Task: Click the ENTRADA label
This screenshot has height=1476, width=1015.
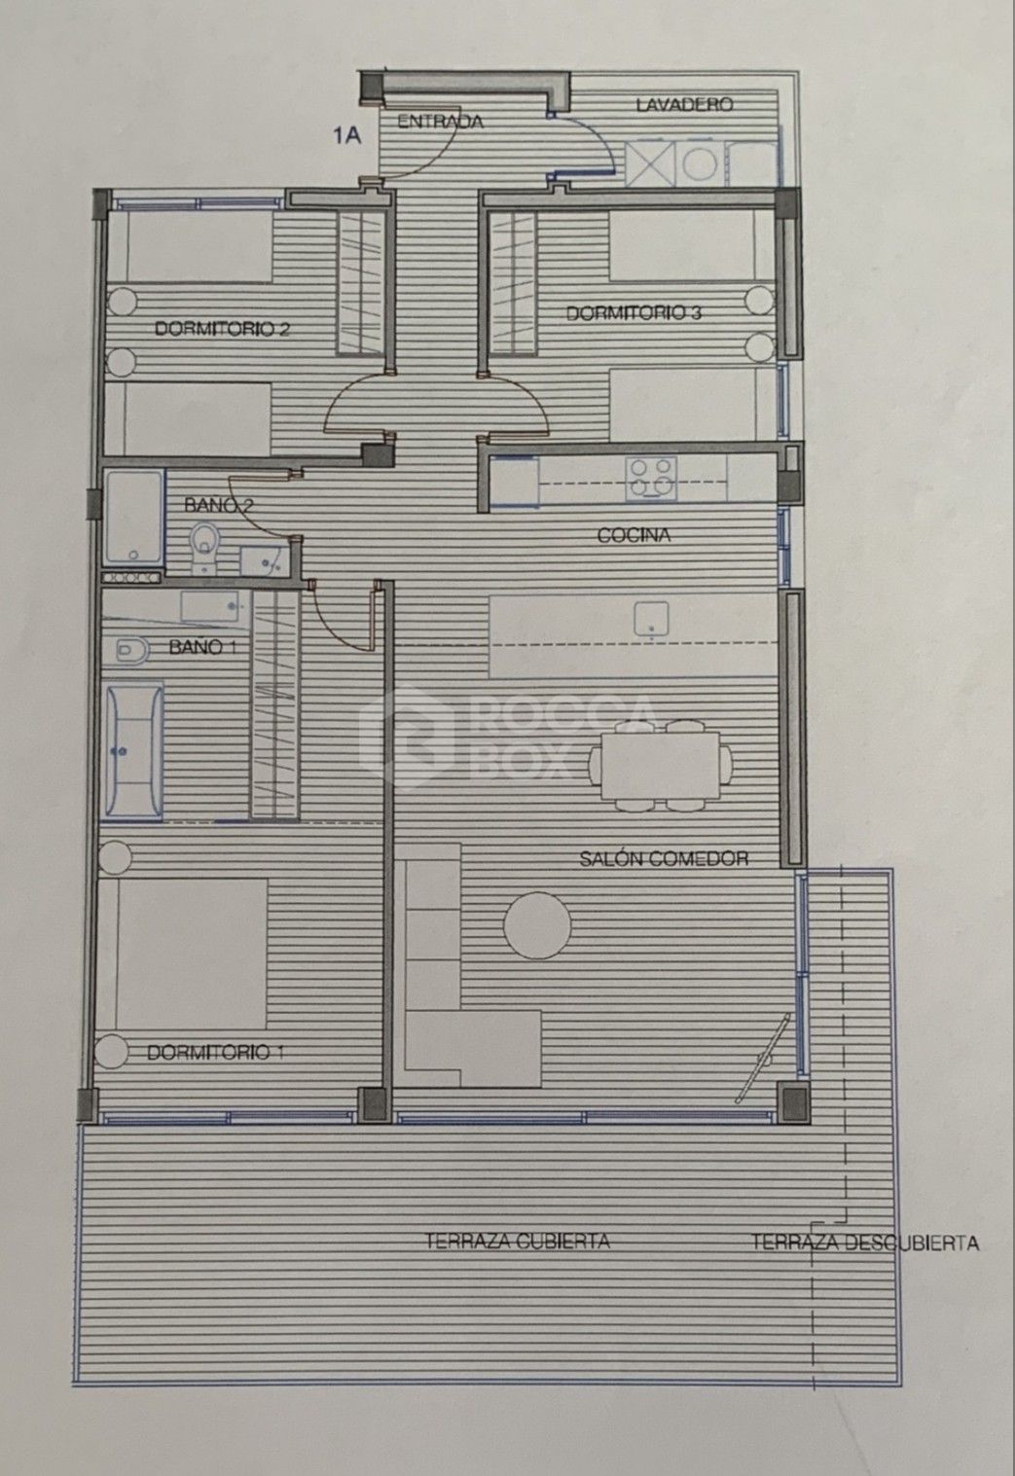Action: pos(440,122)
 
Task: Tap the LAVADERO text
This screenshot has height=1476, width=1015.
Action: pos(685,104)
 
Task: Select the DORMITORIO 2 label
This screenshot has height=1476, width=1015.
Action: pos(222,328)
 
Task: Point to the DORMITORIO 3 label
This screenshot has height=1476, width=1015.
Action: pos(634,313)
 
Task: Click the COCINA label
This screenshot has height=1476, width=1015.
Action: pos(634,535)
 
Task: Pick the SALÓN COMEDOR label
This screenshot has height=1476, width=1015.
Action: pos(664,858)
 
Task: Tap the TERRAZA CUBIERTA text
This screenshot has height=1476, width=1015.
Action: pos(518,1241)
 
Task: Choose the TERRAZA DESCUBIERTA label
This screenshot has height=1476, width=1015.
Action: pos(865,1242)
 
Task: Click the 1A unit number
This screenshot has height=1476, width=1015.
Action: pos(346,136)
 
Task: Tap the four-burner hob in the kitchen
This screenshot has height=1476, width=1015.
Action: pos(652,478)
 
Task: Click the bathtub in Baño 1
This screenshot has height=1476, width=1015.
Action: pos(134,752)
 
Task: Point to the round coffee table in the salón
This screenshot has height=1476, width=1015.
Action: pos(537,924)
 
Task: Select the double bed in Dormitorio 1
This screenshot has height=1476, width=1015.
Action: pos(182,954)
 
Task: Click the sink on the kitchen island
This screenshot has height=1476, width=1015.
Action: pos(651,618)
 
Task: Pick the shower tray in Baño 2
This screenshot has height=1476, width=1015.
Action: pos(133,517)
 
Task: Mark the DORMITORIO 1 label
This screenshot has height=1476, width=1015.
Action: pos(215,1053)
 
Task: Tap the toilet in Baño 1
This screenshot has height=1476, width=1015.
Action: pos(132,650)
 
